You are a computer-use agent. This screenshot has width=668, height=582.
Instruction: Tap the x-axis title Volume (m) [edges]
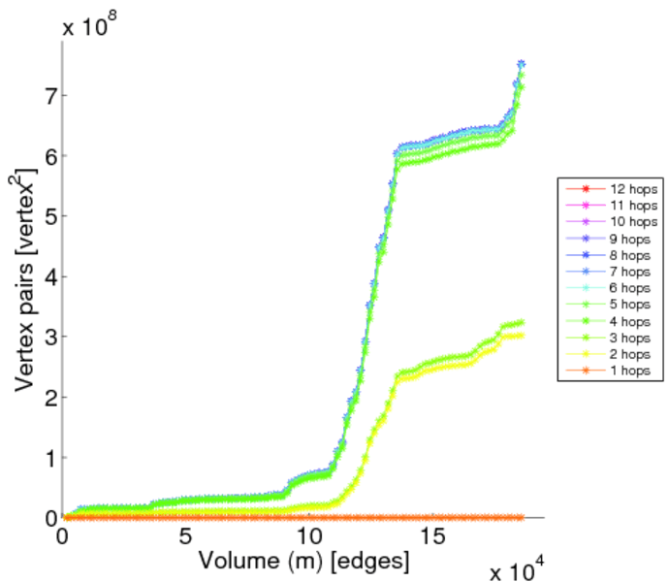point(303,560)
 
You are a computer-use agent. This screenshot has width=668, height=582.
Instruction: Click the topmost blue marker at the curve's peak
point(521,65)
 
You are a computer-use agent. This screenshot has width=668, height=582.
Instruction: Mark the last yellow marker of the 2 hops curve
point(521,336)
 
